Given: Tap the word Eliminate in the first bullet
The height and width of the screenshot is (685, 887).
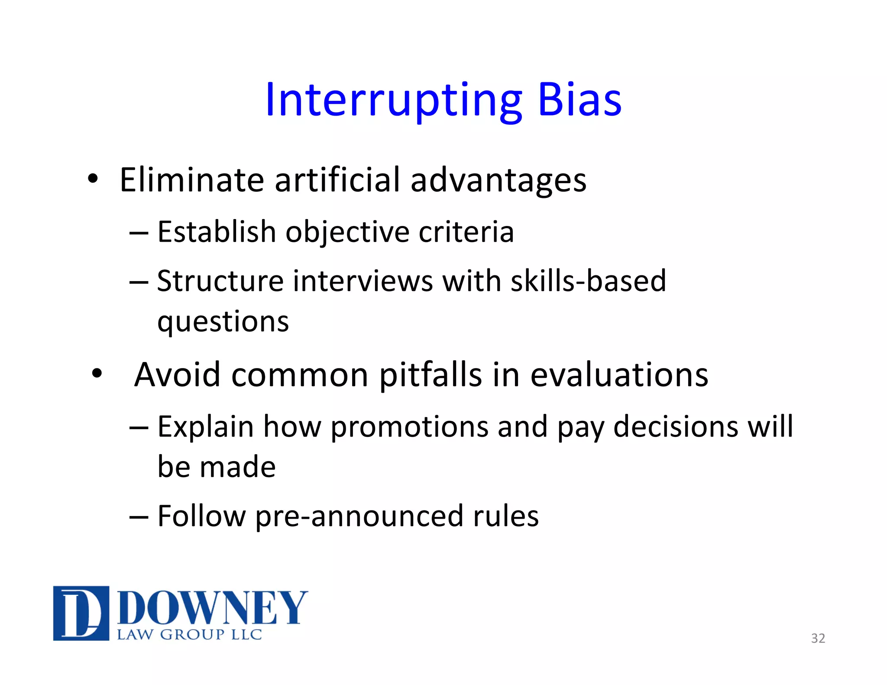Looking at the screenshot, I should (191, 180).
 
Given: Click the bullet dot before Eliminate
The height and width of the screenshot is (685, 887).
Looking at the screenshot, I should (93, 178).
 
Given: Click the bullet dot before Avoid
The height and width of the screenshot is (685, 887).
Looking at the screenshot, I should (97, 373).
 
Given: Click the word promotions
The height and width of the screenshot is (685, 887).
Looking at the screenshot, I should (409, 427).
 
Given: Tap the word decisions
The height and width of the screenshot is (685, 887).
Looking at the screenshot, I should (676, 427).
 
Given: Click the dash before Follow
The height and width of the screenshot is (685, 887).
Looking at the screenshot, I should (139, 517).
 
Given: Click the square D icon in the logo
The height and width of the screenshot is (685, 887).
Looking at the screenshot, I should (81, 613).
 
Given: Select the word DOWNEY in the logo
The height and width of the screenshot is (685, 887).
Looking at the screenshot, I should (212, 608).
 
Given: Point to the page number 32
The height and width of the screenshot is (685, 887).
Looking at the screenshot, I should (818, 638).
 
